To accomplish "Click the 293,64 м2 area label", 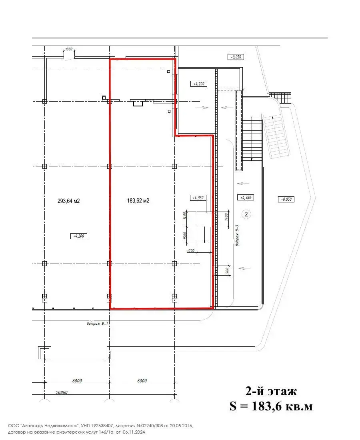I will [x=69, y=201].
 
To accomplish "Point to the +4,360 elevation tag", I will [x=245, y=198].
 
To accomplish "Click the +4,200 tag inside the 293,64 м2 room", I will [x=78, y=236].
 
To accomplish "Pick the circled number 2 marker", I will [x=246, y=214].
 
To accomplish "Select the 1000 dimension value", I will [x=68, y=49].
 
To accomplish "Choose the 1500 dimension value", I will [x=185, y=236].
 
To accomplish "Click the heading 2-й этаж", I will [x=271, y=391].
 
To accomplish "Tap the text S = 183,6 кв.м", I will [x=271, y=406].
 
